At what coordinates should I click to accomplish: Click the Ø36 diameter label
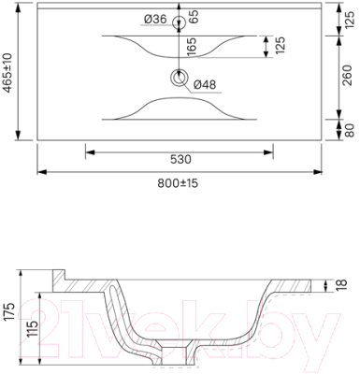click(x=155, y=20)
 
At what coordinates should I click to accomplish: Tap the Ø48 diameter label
click(x=205, y=84)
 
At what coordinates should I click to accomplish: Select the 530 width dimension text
click(x=180, y=159)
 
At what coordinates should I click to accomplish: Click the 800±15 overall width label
click(x=178, y=183)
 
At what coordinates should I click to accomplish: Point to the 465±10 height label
click(x=7, y=73)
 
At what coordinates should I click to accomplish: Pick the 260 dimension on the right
click(x=347, y=76)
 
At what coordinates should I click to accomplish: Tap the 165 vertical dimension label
click(x=192, y=47)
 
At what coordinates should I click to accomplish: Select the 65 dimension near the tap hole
click(x=194, y=17)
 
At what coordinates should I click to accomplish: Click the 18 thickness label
click(x=341, y=283)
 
